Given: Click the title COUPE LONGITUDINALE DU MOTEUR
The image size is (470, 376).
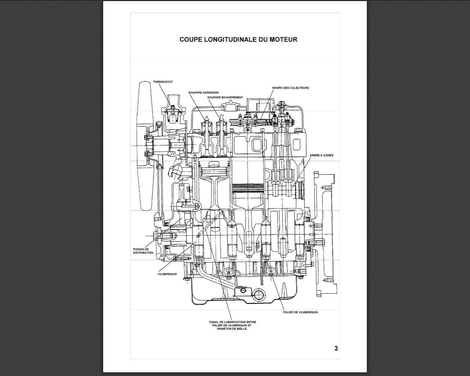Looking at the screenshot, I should coord(238,39).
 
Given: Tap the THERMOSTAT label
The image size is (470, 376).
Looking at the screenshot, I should coord(163,82).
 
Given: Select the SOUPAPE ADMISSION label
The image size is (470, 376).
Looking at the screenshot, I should coord(203,93).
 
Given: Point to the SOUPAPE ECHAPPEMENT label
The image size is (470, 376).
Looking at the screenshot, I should coord(225,97).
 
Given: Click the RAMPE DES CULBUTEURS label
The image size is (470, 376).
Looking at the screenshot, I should coord(290,88).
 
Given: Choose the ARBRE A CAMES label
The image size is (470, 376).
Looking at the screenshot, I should coord(322,155).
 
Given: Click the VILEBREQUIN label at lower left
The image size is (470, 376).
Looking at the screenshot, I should coord(167,274).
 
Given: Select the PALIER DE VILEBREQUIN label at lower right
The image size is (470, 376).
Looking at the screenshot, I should coord(300,312).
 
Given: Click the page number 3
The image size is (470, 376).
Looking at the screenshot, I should coord(336,348).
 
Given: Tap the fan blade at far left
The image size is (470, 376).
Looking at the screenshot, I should coord(142,147).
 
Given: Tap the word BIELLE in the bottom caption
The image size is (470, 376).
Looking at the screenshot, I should coord(242,329).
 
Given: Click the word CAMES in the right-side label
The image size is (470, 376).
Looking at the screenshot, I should coord(328,155).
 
